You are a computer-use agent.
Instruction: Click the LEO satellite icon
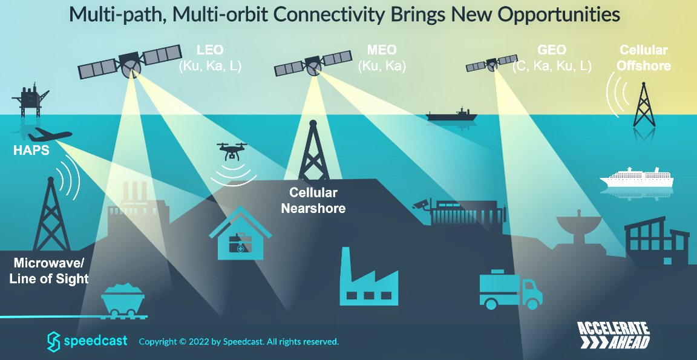point(130,62)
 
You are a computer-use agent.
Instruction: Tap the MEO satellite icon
point(313,64)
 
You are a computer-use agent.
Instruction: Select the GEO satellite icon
point(492,64)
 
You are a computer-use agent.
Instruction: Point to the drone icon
point(232,151)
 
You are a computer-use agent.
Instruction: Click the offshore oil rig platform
point(30,99)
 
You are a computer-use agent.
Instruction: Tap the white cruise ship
point(636,178)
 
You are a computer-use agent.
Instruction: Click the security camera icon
point(420,205)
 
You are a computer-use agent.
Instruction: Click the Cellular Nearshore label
point(313,200)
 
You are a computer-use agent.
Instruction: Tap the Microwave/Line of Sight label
point(49,270)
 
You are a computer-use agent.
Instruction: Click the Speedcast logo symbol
point(54,341)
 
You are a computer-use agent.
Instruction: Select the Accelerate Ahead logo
point(614,335)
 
